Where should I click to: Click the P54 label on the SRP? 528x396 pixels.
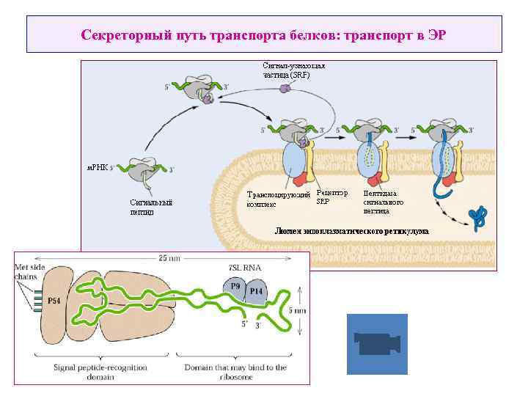point(54,301)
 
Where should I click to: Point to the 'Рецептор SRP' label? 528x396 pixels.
point(331,196)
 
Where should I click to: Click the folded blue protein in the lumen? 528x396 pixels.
point(479,216)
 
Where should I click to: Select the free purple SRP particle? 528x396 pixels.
point(285,88)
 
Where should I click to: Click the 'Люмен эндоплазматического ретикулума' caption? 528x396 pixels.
point(351,231)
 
